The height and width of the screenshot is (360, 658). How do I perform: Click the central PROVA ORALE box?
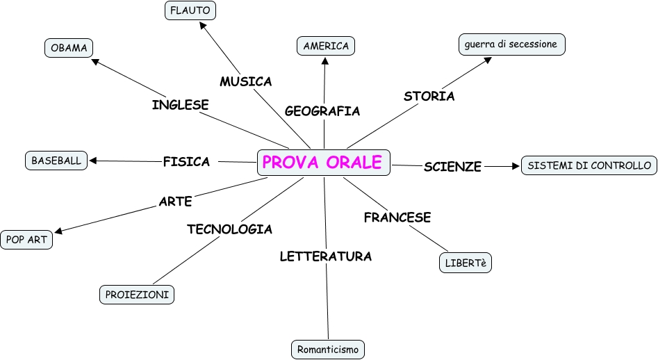click(323, 162)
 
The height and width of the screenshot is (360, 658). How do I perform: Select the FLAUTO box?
click(190, 10)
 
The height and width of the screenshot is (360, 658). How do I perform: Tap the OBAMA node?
click(68, 48)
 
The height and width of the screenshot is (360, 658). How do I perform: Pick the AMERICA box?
click(326, 46)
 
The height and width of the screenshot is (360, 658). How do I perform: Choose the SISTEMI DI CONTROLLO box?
click(589, 165)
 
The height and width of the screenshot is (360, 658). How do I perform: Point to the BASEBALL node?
click(56, 161)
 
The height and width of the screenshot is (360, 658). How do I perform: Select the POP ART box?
click(26, 240)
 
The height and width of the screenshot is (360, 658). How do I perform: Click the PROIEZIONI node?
click(137, 295)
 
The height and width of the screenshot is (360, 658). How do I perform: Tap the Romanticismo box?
click(327, 349)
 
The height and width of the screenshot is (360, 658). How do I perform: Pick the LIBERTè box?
click(466, 263)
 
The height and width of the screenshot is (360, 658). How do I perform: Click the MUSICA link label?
click(246, 81)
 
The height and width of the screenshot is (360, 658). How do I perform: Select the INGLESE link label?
click(181, 105)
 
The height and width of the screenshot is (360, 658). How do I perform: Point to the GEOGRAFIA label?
click(322, 111)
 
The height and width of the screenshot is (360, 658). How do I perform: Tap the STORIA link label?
click(429, 96)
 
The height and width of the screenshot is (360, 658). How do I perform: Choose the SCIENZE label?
click(452, 167)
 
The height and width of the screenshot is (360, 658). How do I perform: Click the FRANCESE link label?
click(397, 217)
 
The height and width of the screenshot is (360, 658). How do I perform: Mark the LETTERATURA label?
click(325, 256)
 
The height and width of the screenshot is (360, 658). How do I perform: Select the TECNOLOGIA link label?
click(229, 229)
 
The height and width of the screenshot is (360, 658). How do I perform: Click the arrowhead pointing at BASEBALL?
click(93, 161)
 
